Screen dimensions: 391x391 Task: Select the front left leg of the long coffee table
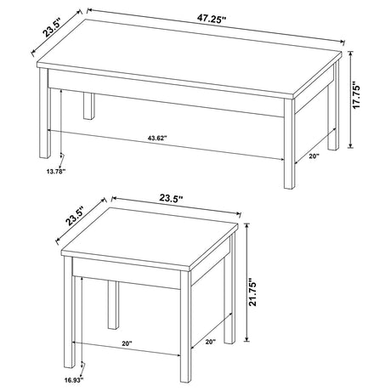click(44, 119)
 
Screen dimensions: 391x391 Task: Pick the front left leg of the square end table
click(74, 314)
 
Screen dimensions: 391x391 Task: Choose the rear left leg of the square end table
click(113, 302)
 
